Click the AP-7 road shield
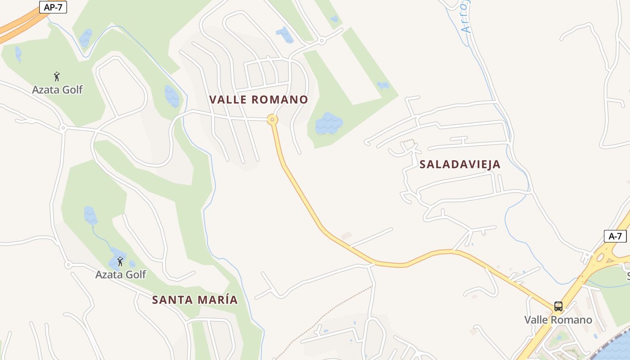point(53,7)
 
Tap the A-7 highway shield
point(615,236)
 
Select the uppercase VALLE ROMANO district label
point(259,99)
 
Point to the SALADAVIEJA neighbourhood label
point(460,164)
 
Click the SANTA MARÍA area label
point(194,300)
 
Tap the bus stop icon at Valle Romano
point(558,306)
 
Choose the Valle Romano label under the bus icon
point(558,320)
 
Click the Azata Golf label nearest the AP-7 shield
point(58,90)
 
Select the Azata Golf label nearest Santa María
point(121,274)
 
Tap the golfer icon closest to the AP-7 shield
point(57,76)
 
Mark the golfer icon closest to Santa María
point(120,261)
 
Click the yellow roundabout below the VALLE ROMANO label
point(272,120)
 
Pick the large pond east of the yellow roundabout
point(329,124)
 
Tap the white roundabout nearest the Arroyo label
point(321,40)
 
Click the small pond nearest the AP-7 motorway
point(18,54)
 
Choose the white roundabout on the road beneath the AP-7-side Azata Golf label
point(63,128)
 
